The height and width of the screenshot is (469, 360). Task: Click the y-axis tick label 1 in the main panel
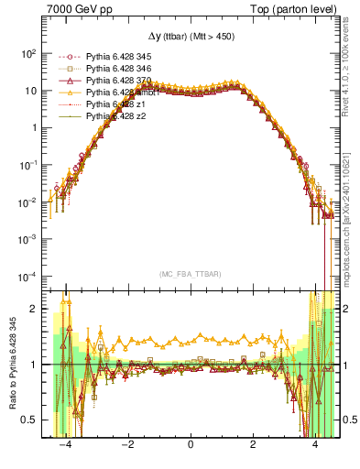coord(35,127)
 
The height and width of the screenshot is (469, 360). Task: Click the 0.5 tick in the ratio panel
coord(31,420)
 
